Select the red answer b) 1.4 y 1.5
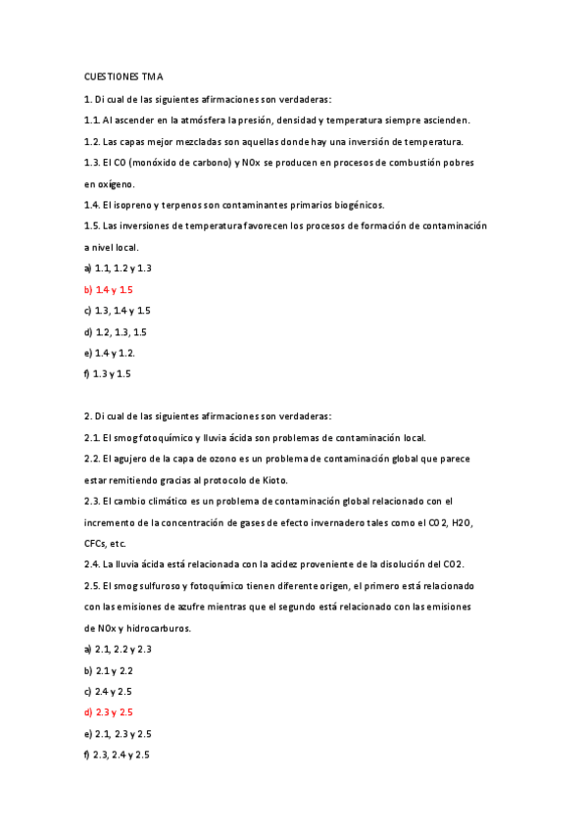click(109, 289)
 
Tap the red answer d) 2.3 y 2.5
click(109, 711)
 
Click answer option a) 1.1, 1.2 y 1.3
click(118, 268)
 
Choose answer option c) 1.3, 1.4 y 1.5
click(118, 310)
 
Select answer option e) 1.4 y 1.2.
click(110, 352)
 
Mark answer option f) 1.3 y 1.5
click(108, 373)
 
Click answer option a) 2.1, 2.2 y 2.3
click(118, 649)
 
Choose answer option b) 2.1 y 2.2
click(109, 670)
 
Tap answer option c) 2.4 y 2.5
click(109, 691)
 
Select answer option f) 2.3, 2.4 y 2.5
click(118, 755)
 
